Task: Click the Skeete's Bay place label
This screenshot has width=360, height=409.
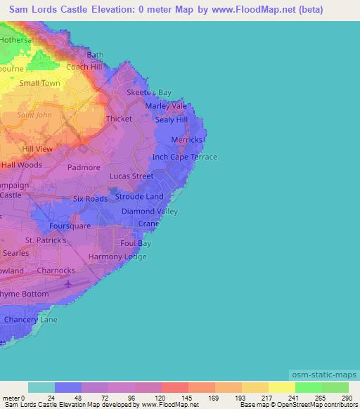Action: pyautogui.click(x=148, y=93)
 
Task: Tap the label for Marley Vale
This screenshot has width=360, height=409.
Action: pyautogui.click(x=166, y=106)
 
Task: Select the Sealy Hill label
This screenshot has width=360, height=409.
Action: pyautogui.click(x=172, y=120)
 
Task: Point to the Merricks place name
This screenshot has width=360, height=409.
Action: pyautogui.click(x=187, y=140)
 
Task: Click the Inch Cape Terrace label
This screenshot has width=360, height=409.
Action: pyautogui.click(x=185, y=157)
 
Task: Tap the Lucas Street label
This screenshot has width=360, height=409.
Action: pyautogui.click(x=131, y=176)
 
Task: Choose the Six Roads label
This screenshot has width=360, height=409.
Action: pyautogui.click(x=91, y=199)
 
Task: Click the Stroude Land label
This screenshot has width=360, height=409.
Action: pyautogui.click(x=139, y=197)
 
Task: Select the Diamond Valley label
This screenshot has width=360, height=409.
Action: pyautogui.click(x=150, y=212)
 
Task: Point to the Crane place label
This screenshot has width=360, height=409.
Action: pyautogui.click(x=148, y=223)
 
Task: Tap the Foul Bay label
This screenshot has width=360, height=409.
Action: pyautogui.click(x=136, y=244)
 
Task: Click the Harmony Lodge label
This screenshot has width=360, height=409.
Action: pyautogui.click(x=117, y=257)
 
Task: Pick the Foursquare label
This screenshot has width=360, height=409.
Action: pyautogui.click(x=70, y=226)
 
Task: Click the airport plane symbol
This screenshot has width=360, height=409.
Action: pyautogui.click(x=67, y=284)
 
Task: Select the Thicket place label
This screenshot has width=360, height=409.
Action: pyautogui.click(x=119, y=119)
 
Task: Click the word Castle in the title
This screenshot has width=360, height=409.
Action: pyautogui.click(x=89, y=9)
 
